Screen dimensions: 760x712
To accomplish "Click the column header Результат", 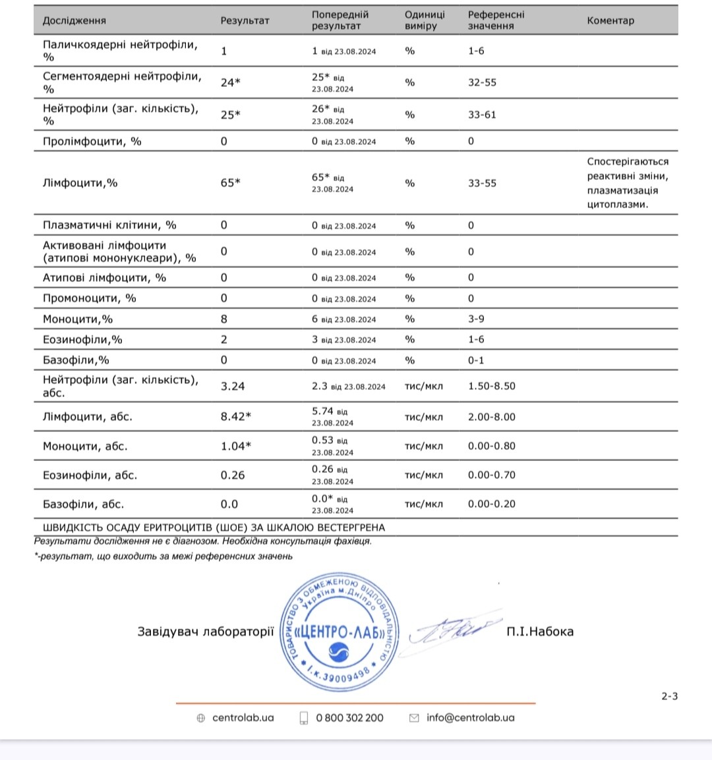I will pos(245,20).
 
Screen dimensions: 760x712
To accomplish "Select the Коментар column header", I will pos(610,20).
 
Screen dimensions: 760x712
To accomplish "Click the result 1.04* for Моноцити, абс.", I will pos(236,446).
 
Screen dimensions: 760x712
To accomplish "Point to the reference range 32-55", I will pos(482,82).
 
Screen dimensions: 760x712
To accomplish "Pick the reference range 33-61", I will pos(482,115).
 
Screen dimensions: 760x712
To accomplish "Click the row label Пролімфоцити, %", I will pos(92,141).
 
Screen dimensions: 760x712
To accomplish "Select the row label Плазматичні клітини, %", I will pos(109,225).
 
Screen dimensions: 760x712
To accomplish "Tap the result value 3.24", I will pos(233,386).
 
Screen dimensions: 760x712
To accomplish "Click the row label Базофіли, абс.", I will pos(83,504).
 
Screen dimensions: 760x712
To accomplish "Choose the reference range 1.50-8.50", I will pos(492,386).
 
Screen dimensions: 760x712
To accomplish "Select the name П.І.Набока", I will pos(540,632).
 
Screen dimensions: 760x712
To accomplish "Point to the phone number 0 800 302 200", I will pos(349,718).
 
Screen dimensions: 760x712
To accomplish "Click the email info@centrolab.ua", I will pos(470,718).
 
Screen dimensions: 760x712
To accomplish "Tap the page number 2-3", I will pos(670,696).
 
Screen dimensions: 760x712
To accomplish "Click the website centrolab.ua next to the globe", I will pos(243,718).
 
